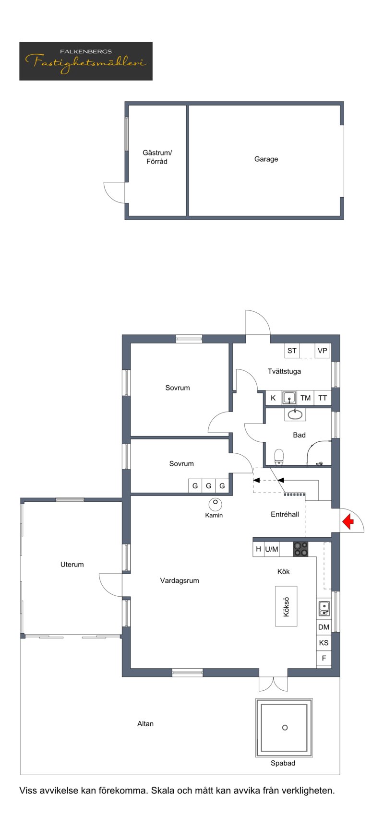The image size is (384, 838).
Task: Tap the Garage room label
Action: coord(266,159)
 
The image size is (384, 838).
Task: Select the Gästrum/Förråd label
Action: coord(157,157)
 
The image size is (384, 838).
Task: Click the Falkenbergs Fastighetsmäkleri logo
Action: coord(86,61)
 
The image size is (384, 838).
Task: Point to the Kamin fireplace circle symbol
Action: coord(215,504)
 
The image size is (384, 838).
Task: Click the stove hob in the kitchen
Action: coord(301,549)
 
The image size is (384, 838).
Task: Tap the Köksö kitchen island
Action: coord(286,606)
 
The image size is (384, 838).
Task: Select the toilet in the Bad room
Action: coord(279,457)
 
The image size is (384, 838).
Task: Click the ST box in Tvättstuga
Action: coord(292,351)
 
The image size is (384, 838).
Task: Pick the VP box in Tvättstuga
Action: coord(323,351)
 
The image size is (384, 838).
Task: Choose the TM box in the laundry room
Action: coord(306,398)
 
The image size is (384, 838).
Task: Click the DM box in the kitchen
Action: coord(324,627)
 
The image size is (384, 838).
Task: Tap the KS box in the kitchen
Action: coord(324,643)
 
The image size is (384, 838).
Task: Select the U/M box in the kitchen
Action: coord(272,549)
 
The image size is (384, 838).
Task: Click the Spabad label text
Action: coord(283,763)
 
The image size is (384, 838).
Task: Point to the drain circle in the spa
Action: coord(285,728)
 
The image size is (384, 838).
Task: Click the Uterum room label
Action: coord(72,565)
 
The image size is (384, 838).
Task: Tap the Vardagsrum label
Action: coord(180,581)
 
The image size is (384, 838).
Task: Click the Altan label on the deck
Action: coord(145,724)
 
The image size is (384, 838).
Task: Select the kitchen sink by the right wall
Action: coord(324,609)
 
